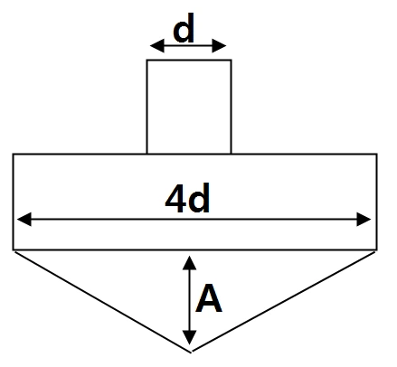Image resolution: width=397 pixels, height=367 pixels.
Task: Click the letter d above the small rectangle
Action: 184,28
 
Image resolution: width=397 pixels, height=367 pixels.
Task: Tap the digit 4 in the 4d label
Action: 175,199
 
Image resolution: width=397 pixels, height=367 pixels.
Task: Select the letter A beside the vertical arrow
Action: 209,298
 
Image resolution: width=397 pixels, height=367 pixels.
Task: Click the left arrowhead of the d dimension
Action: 156,46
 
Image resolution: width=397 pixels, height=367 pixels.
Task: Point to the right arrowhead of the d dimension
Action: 219,46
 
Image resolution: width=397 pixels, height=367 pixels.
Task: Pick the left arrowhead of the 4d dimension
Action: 24,219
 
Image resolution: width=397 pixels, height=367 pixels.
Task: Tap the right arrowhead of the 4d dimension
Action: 364,219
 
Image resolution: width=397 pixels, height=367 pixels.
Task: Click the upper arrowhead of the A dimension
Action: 189,263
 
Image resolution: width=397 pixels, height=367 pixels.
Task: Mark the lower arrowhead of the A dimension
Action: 189,337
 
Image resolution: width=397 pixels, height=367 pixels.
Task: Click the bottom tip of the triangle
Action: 191,352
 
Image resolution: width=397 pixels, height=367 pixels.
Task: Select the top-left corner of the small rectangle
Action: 147,61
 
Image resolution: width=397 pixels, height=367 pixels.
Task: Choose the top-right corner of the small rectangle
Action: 232,61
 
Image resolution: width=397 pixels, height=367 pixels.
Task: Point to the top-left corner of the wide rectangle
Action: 14,155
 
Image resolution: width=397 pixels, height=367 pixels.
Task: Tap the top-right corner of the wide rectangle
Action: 376,155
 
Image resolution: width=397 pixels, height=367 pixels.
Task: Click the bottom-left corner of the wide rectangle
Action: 14,249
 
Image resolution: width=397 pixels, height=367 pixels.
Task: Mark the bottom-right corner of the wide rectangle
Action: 376,249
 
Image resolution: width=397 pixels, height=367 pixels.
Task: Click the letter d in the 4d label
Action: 199,199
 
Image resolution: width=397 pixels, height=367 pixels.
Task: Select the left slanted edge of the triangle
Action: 102,302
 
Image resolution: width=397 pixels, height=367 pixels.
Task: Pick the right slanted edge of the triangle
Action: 283,302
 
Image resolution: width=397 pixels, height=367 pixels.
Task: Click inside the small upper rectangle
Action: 189,107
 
